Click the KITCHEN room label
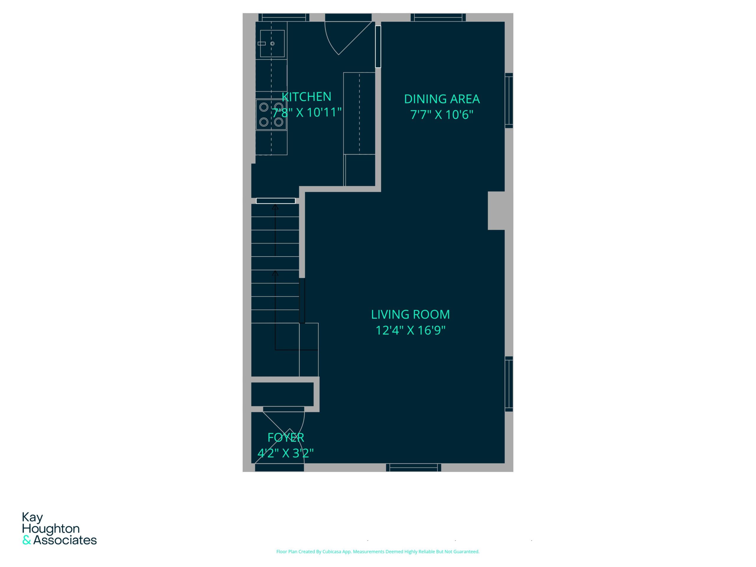click(306, 97)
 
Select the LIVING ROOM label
click(410, 315)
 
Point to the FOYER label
click(286, 437)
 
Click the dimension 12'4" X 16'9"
click(410, 330)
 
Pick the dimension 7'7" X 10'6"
click(441, 115)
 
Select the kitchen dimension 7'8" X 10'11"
click(307, 113)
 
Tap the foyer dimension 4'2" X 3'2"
click(285, 453)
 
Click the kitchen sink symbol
click(272, 44)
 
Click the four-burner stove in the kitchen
click(271, 115)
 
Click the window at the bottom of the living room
click(413, 467)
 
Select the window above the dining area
click(438, 17)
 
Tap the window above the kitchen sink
click(284, 17)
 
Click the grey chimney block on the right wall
click(496, 211)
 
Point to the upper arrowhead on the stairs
click(275, 207)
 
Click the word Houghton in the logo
click(51, 529)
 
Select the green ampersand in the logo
click(27, 540)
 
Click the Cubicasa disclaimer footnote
click(378, 551)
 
